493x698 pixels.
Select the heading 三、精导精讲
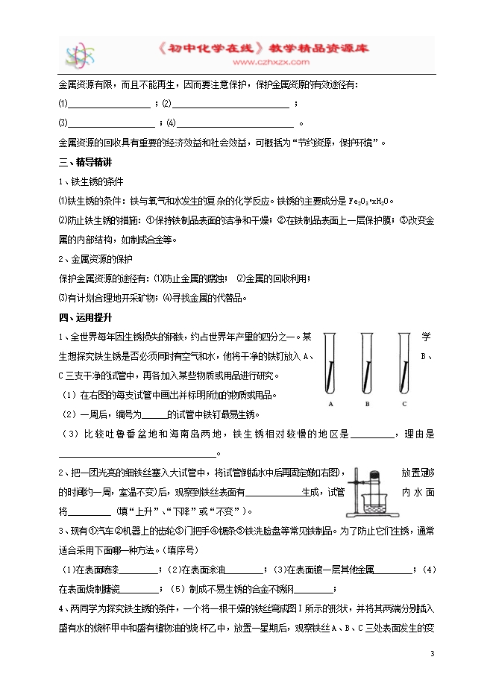(84, 162)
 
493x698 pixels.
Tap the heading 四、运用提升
(84, 317)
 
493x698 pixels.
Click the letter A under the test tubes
(330, 404)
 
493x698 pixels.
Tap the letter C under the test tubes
(404, 404)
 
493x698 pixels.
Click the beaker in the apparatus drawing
(371, 504)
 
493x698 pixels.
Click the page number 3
(432, 654)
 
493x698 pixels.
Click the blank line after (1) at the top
(110, 105)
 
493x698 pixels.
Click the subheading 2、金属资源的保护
(95, 259)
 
